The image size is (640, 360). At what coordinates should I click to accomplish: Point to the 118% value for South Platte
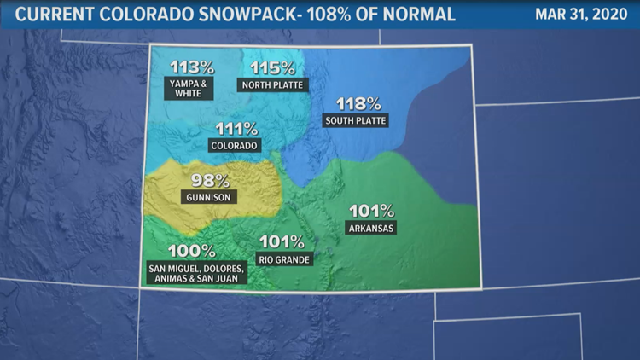click(x=357, y=104)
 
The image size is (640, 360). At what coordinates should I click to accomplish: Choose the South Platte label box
click(x=356, y=121)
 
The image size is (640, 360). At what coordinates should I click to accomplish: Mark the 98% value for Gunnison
click(x=209, y=180)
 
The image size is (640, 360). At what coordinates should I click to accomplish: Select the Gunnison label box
click(x=209, y=197)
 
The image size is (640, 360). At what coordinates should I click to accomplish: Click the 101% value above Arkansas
click(x=372, y=211)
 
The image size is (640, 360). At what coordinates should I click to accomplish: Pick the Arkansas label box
click(x=372, y=228)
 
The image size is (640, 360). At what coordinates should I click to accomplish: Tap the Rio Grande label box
click(x=284, y=258)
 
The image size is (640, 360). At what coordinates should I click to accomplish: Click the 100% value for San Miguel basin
click(x=192, y=251)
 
